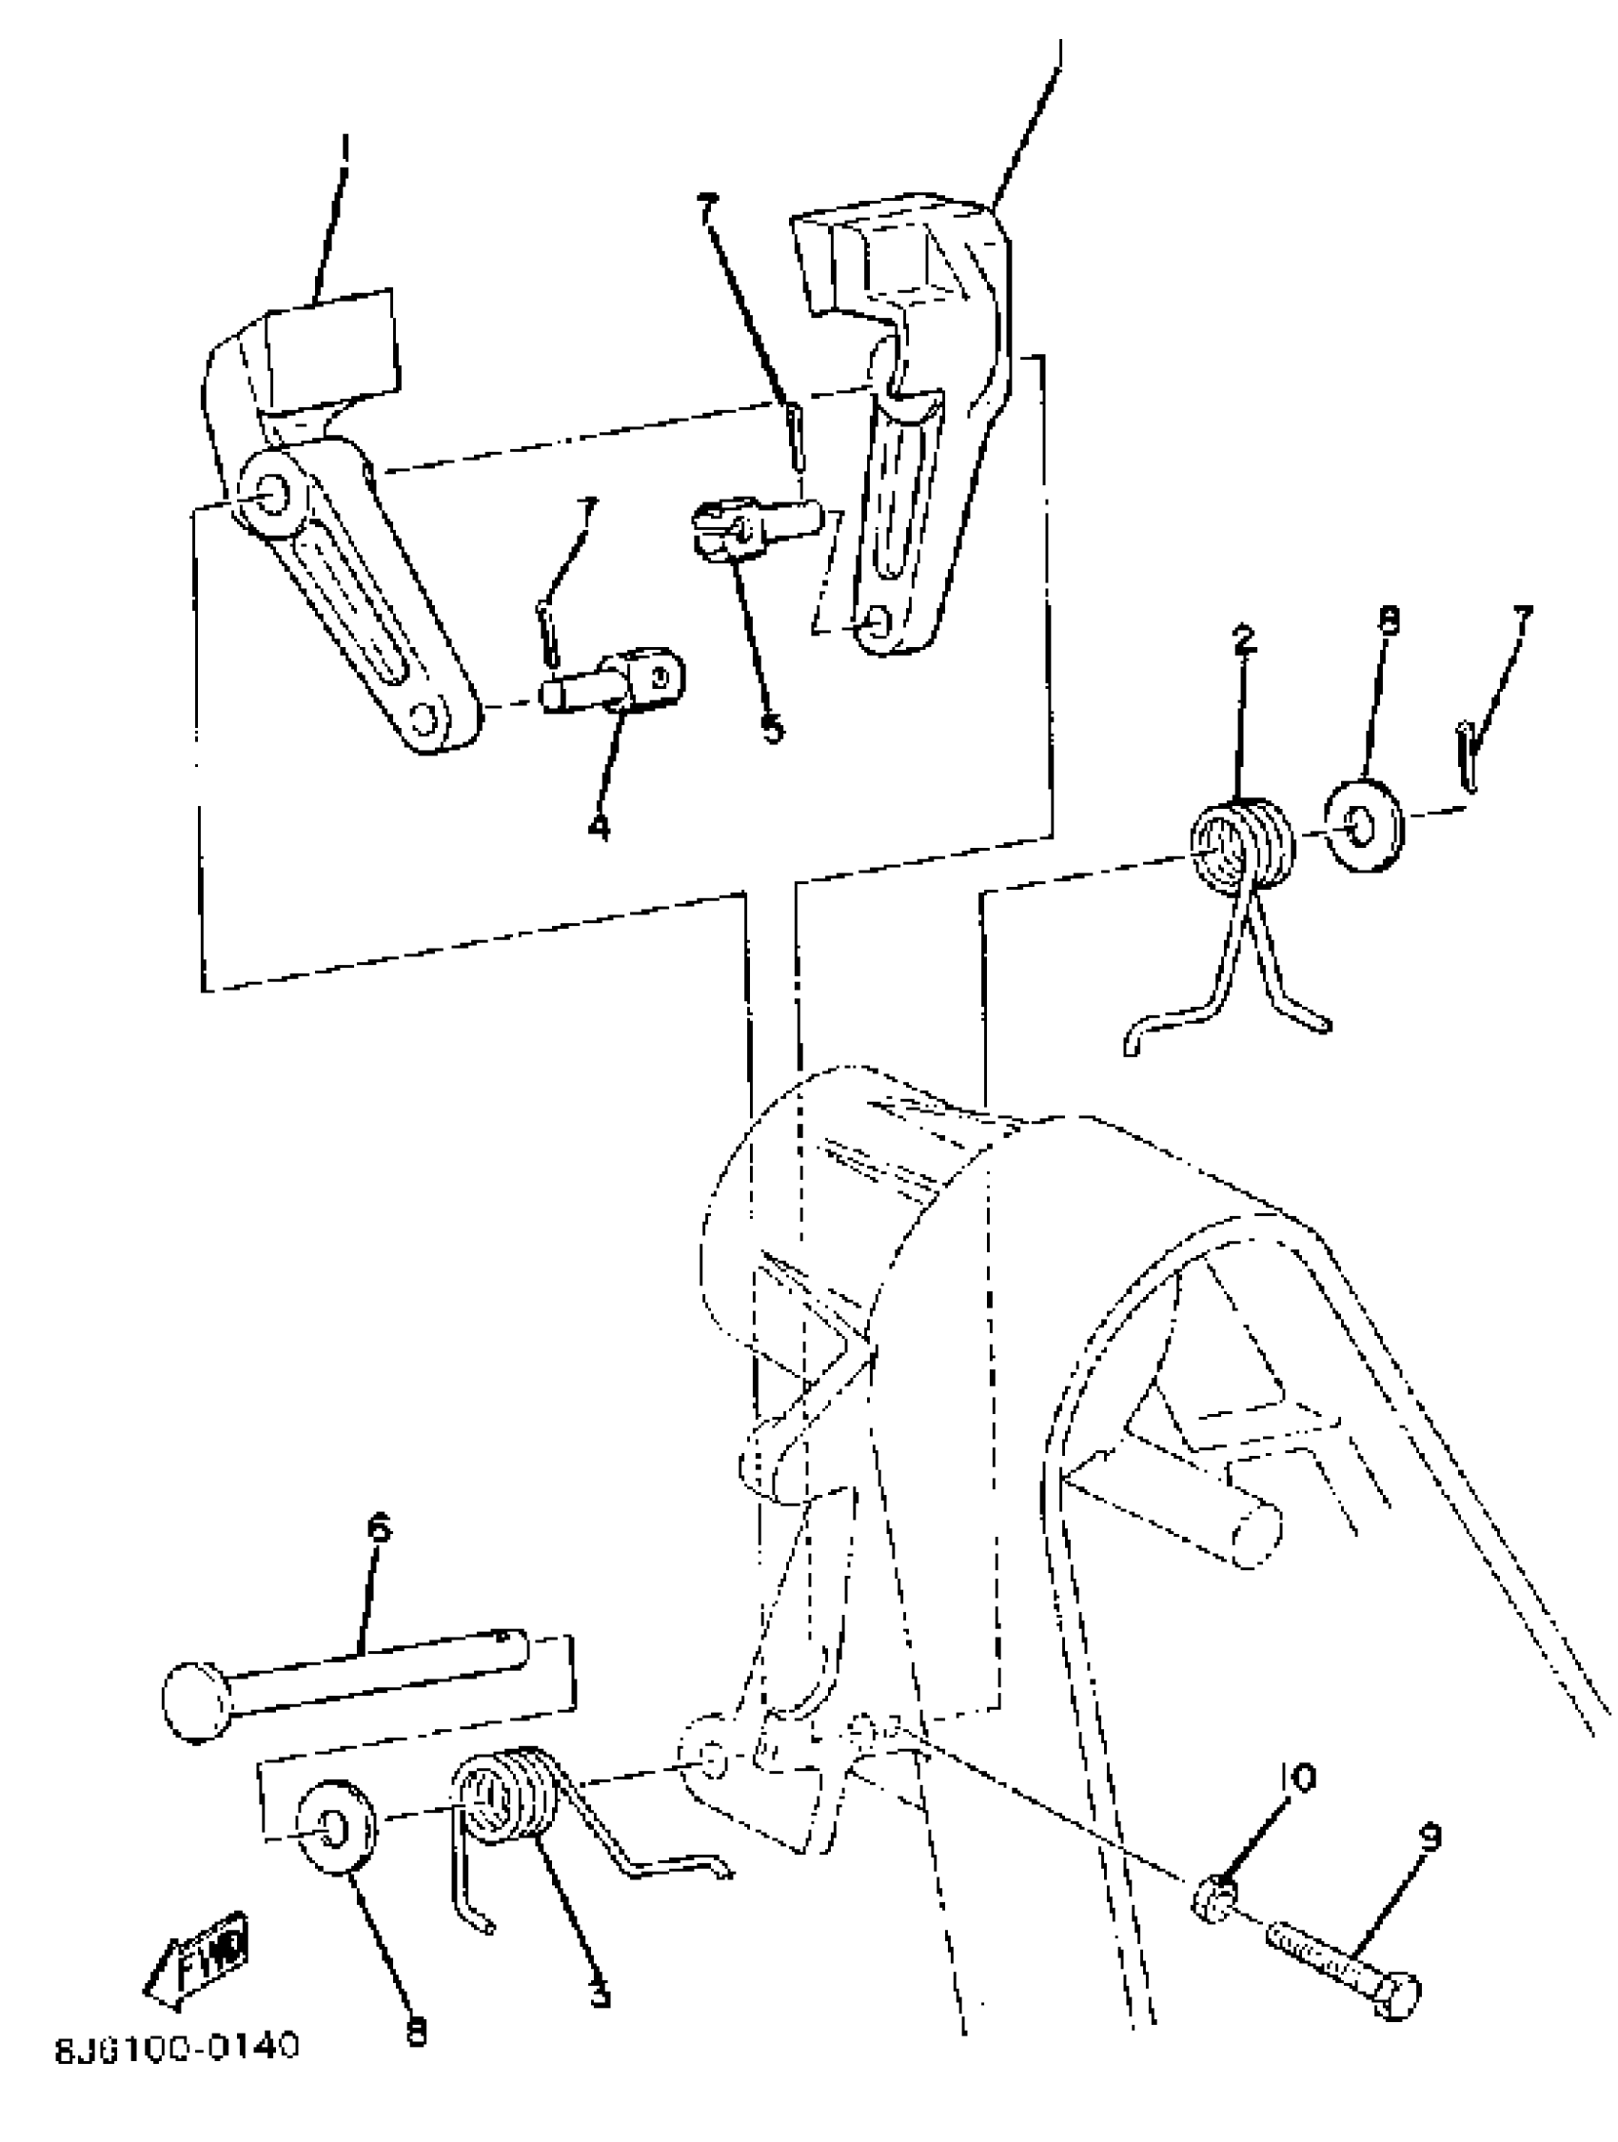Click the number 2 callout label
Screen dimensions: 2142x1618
1243,639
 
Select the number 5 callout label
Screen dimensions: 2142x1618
772,728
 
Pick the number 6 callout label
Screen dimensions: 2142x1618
378,1530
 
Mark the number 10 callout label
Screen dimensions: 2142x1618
1297,1777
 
